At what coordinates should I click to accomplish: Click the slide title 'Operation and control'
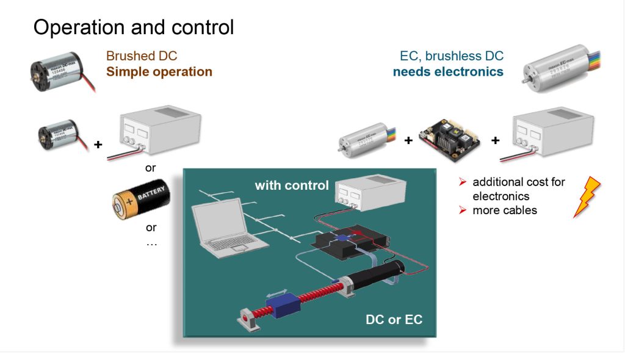[133, 27]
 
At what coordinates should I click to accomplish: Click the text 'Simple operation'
[159, 71]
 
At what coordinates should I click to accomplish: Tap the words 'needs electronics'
[448, 71]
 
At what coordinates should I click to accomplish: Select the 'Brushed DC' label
[142, 56]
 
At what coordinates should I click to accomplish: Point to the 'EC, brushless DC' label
[452, 56]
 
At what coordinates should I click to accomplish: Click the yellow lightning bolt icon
[587, 196]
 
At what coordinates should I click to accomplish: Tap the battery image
[141, 200]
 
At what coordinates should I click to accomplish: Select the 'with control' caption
[292, 185]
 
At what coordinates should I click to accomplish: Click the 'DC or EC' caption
[394, 319]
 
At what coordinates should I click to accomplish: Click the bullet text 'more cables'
[504, 211]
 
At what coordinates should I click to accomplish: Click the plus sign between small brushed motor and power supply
[98, 145]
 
